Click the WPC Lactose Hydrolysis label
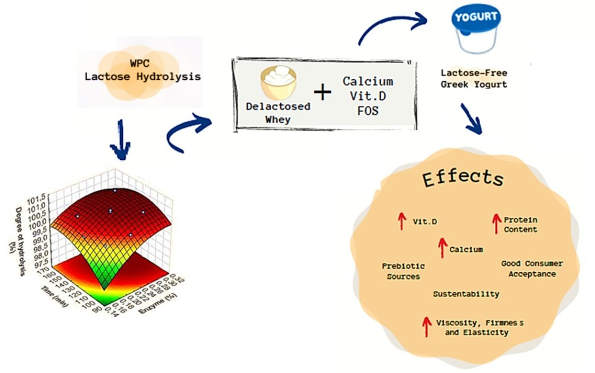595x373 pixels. pos(143,70)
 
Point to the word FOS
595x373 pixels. pos(367,112)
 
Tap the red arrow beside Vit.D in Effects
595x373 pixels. pos(402,221)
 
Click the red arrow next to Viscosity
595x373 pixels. pos(426,327)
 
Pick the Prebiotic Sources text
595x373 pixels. pos(403,271)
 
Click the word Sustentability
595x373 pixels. pos(466,294)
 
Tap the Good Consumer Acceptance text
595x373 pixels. pos(532,269)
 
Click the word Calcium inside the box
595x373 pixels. pos(367,81)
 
